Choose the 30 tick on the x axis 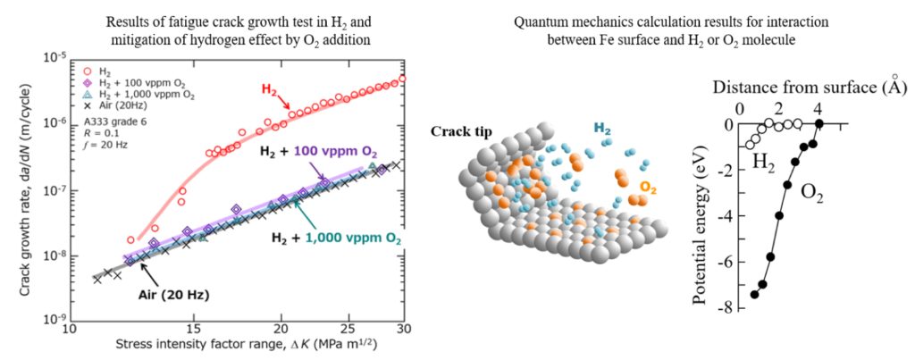403,328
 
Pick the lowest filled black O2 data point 754,294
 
